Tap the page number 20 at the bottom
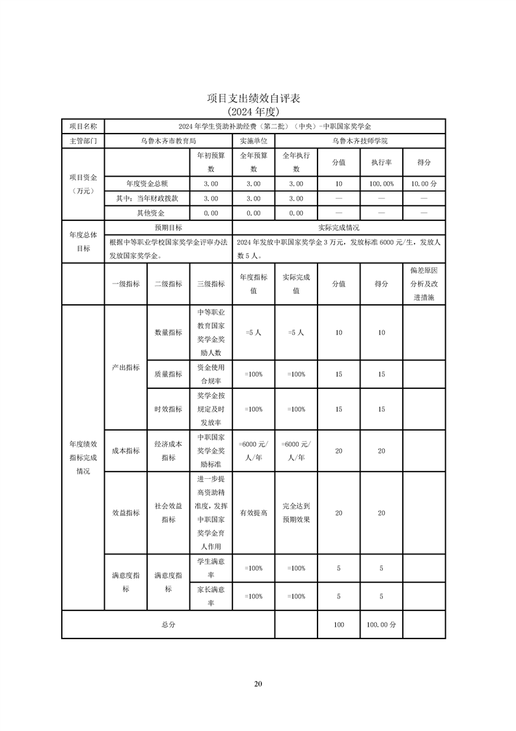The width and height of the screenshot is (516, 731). pos(258,683)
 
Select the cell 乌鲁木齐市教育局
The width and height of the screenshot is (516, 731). pos(169,141)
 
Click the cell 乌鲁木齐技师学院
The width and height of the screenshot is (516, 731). pos(360,141)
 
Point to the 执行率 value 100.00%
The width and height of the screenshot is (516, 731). pos(381,184)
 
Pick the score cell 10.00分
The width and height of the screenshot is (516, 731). pos(424,184)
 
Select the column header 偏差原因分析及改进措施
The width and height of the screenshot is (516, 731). pos(424,283)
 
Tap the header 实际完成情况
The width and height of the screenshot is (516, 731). pos(338,227)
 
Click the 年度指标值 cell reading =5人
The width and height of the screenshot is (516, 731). pos(253,332)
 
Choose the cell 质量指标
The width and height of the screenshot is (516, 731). pos(168,374)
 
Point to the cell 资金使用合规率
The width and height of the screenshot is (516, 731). pos(211,374)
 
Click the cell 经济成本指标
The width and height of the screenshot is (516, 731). pos(168,450)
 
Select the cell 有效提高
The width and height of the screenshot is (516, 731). pos(253,513)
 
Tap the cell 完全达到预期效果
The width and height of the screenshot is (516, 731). pos(295,513)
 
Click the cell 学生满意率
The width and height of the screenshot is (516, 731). pos(211,568)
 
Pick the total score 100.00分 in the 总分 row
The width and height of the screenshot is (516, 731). pos(381,624)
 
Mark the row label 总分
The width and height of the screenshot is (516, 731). pos(168,624)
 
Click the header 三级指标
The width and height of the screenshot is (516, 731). pos(211,283)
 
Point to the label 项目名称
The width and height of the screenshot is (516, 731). pos(83,126)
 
